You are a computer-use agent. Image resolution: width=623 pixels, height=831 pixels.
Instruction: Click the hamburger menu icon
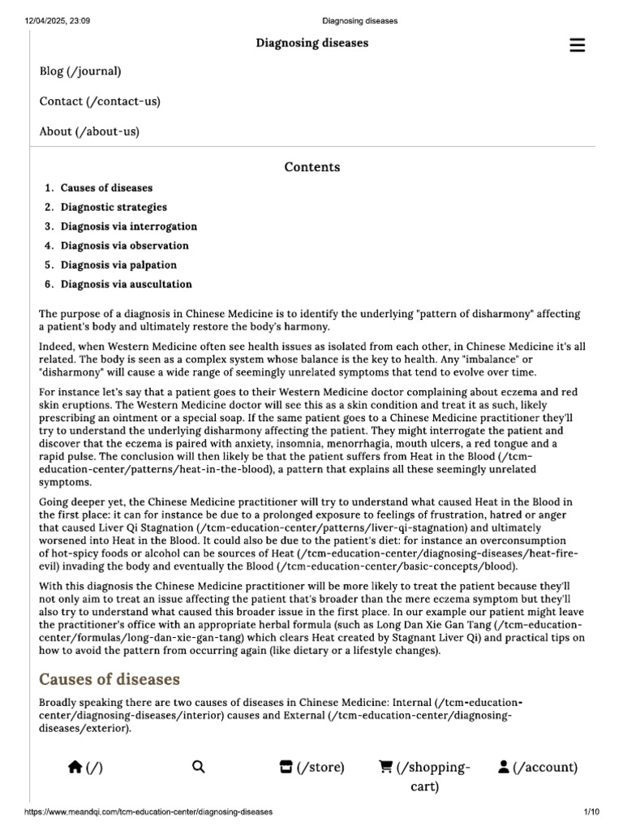tap(577, 45)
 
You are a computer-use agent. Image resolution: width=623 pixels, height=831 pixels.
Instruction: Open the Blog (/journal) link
tap(80, 71)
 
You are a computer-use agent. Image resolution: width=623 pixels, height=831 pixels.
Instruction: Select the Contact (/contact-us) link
tap(100, 101)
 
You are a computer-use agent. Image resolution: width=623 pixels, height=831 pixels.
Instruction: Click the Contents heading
tap(311, 167)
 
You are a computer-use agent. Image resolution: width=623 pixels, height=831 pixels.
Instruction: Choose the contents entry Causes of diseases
tap(106, 188)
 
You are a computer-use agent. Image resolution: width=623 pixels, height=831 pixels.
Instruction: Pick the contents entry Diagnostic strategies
tap(114, 208)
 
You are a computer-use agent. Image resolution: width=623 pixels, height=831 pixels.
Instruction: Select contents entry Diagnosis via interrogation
tap(128, 226)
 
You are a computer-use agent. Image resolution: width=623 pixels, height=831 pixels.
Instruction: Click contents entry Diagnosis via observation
tap(124, 246)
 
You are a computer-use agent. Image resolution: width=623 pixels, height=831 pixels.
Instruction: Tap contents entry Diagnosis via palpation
tap(118, 265)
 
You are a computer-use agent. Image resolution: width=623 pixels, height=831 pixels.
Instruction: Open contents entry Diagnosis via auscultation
tap(126, 285)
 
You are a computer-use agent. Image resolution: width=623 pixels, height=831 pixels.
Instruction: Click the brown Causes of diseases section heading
tap(110, 678)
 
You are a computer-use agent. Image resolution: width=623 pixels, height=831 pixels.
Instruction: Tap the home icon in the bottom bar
tap(75, 767)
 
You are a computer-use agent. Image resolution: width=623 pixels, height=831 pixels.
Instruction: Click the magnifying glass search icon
tap(199, 767)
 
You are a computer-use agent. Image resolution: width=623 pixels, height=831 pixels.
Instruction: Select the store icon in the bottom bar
tap(286, 767)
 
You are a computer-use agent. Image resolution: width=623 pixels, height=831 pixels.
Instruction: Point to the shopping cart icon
tap(386, 767)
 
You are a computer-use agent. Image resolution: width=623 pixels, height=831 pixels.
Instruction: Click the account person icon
tap(504, 767)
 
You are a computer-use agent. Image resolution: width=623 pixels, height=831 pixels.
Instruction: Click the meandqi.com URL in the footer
tap(148, 812)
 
